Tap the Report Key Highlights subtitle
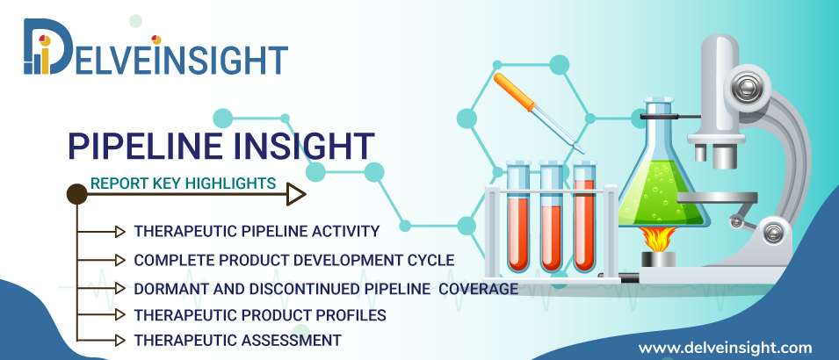click(183, 184)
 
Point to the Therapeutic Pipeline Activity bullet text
click(257, 231)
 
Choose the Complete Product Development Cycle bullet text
click(293, 260)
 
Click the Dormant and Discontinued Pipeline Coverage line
click(326, 288)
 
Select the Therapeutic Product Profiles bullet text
click(260, 315)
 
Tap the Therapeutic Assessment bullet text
click(237, 340)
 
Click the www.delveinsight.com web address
click(725, 349)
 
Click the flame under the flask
click(658, 239)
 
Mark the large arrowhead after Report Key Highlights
click(296, 194)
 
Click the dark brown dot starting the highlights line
click(77, 194)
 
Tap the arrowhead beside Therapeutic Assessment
click(120, 340)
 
